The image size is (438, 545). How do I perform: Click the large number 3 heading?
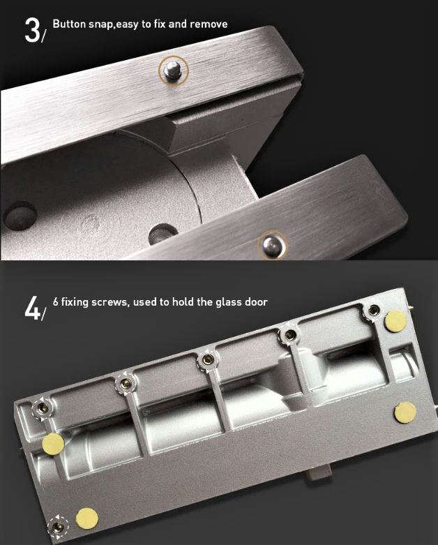pos(33,30)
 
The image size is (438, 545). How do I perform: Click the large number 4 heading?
pos(32,308)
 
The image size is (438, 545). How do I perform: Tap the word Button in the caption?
pos(69,24)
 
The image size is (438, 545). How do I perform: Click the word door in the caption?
pos(256,301)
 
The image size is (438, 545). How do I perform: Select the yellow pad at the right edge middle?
pos(405,412)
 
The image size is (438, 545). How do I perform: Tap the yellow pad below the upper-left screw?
pos(53,444)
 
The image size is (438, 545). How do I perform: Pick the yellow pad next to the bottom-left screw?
pos(87,518)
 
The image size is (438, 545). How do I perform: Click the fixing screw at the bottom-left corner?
pos(57,528)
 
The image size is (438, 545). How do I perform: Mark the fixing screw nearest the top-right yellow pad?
pos(374,310)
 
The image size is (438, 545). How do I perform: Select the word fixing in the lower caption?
pos(75,302)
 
